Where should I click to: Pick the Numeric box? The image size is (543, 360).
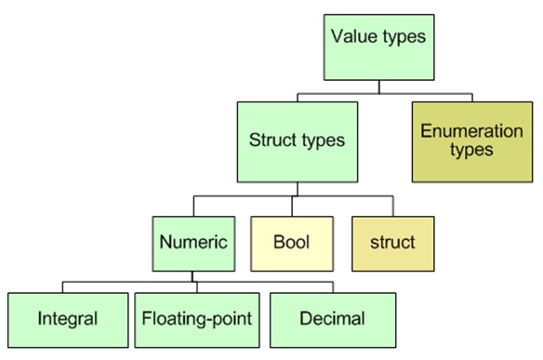tap(192, 242)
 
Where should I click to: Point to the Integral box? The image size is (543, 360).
tap(67, 318)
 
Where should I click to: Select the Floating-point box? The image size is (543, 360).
tap(196, 318)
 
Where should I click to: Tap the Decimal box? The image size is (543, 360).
tap(332, 318)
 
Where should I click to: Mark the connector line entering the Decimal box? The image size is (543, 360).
tap(332, 286)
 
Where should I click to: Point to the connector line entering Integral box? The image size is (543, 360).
tap(64, 286)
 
